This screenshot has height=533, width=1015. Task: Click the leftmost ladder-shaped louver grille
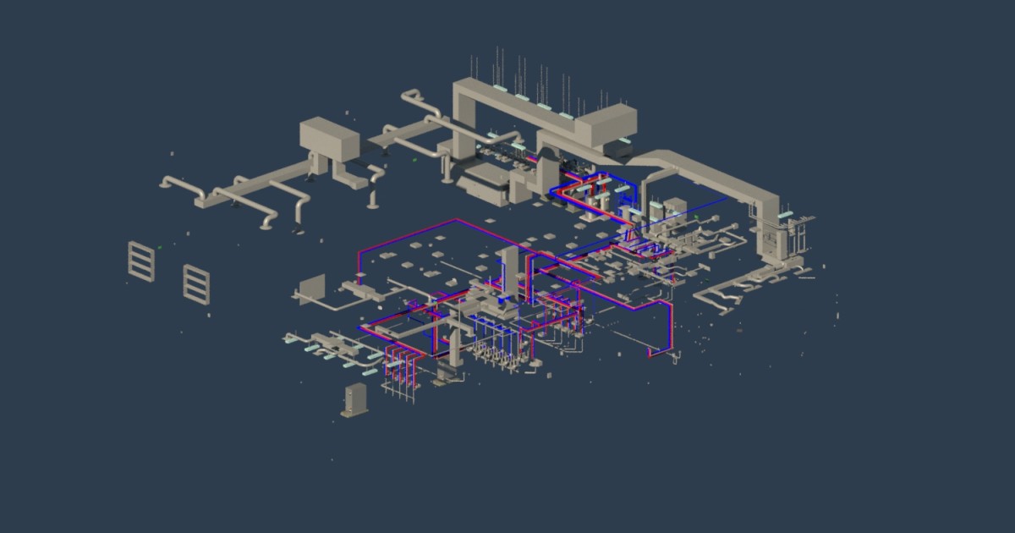coord(140,261)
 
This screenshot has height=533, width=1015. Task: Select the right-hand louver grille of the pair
coord(196,283)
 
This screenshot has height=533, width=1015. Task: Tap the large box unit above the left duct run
coord(331,137)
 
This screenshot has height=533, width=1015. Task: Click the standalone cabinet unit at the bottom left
coord(352,398)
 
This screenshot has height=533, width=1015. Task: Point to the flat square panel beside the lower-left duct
coord(312,288)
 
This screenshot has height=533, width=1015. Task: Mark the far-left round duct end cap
coord(162,182)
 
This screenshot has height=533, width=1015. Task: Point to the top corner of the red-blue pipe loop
coord(457,221)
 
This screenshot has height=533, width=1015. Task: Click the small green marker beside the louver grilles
coord(159,246)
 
